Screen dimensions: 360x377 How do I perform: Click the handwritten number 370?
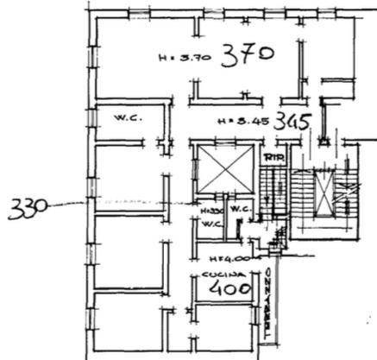[x=248, y=55]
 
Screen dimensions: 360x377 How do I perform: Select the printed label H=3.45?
[x=237, y=121]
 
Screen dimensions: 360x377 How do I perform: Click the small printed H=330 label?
[x=210, y=211]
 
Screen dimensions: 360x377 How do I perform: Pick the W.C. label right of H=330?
[x=241, y=208]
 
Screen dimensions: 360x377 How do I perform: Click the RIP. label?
[x=274, y=157]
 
